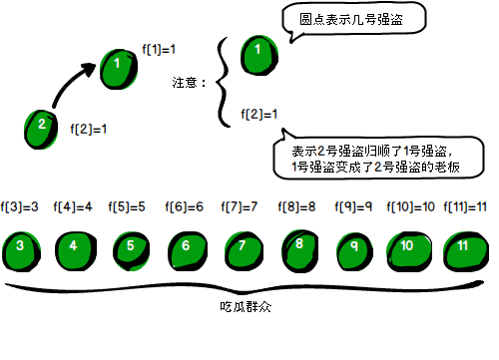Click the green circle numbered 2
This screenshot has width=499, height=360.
click(x=41, y=126)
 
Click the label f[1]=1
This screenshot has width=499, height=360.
click(x=159, y=49)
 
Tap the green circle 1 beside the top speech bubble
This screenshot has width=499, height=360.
click(x=257, y=49)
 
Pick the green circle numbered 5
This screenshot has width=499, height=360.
click(x=130, y=245)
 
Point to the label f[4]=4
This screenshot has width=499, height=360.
click(x=74, y=207)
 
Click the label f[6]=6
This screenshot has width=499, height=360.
click(x=184, y=207)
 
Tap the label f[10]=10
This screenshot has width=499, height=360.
click(x=411, y=207)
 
